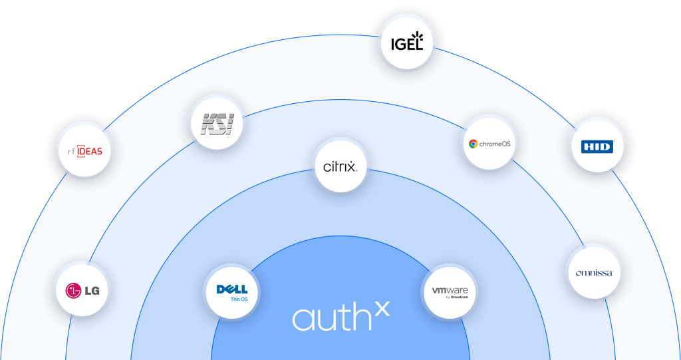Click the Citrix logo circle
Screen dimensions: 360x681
(x=340, y=166)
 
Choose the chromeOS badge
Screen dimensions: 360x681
(x=489, y=144)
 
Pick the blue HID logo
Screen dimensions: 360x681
(x=597, y=146)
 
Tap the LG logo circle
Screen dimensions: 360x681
(x=82, y=290)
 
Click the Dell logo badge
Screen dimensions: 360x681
(x=231, y=291)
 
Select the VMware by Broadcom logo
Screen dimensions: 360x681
(x=450, y=292)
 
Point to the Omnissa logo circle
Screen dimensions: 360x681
(x=594, y=272)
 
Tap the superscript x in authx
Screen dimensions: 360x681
(x=382, y=309)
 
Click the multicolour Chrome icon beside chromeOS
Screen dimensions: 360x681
(x=473, y=144)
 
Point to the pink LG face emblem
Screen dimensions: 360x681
(x=72, y=290)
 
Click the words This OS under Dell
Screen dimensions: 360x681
(x=238, y=299)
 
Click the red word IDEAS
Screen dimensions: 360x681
(x=90, y=151)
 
